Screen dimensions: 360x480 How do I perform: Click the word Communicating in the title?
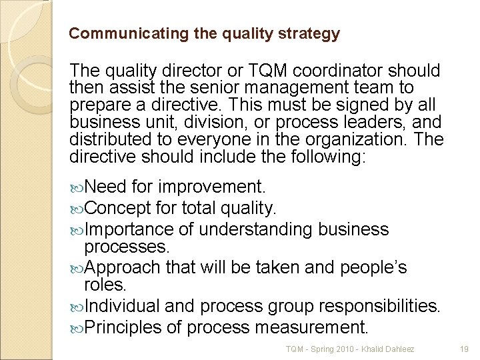[x=112, y=33]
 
